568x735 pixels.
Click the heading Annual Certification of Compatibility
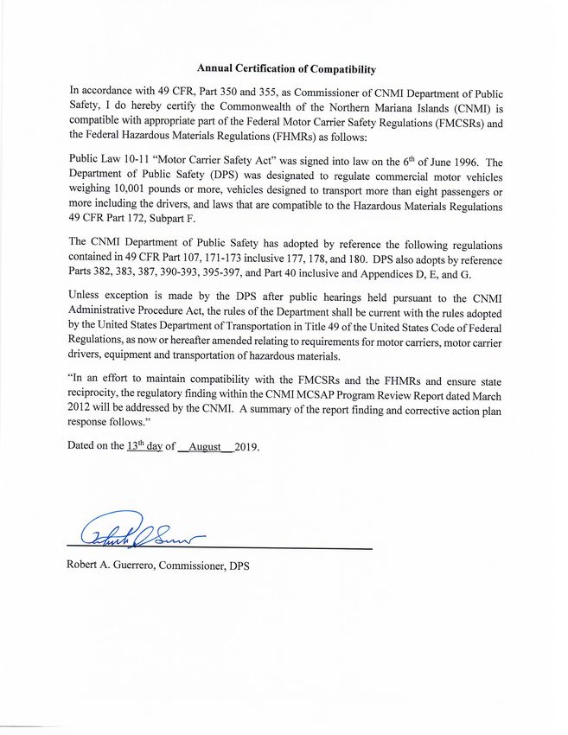[x=286, y=68]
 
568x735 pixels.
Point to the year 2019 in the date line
[x=246, y=447]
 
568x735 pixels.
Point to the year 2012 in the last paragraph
[x=84, y=408]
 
